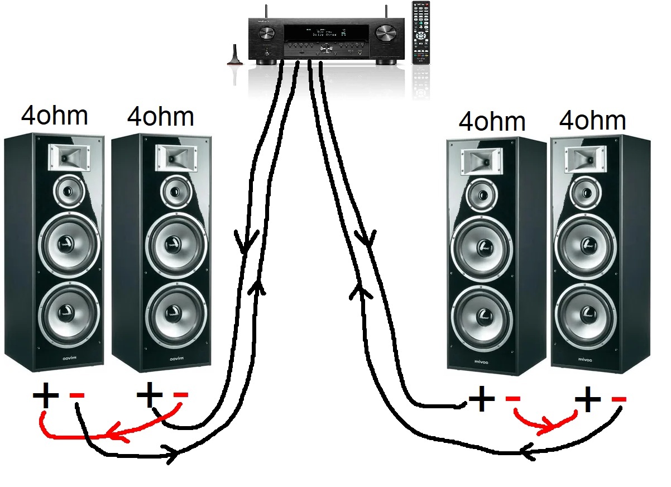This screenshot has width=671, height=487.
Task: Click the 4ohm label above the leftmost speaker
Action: [x=55, y=116]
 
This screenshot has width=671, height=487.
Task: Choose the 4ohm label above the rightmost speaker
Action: [x=592, y=121]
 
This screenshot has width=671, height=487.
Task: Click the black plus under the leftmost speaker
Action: [x=45, y=397]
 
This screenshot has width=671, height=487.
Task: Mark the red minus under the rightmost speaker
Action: [x=619, y=399]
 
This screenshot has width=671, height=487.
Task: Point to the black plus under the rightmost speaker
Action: [x=588, y=400]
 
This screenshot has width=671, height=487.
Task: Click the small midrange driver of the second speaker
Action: [x=174, y=192]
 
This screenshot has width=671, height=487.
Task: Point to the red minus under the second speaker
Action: [x=181, y=396]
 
